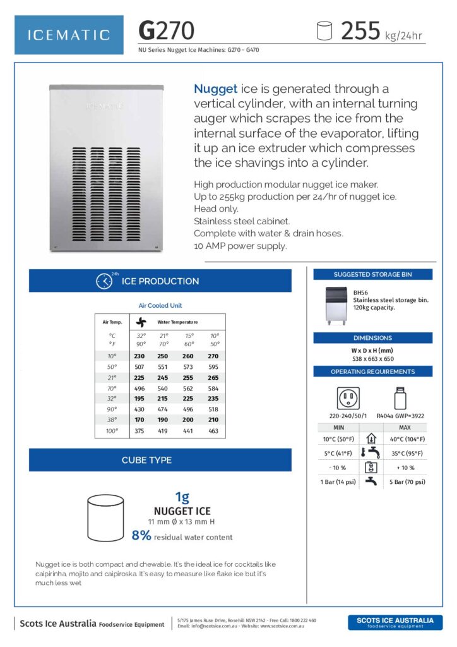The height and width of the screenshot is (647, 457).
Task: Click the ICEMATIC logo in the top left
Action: click(69, 35)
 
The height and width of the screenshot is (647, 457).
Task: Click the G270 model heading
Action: click(167, 30)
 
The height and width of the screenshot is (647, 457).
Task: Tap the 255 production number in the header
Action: click(360, 30)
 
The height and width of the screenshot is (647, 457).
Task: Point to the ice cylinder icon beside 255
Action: click(324, 31)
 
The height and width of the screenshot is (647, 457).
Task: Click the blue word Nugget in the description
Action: click(216, 89)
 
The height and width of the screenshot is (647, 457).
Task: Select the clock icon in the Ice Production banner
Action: click(104, 281)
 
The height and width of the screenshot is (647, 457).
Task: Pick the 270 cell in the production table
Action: click(213, 356)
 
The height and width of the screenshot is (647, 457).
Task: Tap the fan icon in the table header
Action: click(141, 322)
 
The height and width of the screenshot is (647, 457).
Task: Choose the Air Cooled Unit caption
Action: click(160, 306)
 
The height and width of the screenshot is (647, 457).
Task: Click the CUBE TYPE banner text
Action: click(146, 460)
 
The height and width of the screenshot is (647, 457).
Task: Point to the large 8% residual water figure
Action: click(141, 536)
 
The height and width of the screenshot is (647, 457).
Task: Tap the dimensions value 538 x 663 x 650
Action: click(372, 358)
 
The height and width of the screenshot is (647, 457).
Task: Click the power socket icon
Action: click(348, 398)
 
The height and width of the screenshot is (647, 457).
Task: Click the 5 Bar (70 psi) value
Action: click(405, 481)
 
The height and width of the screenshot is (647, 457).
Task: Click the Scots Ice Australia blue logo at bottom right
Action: click(395, 622)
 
